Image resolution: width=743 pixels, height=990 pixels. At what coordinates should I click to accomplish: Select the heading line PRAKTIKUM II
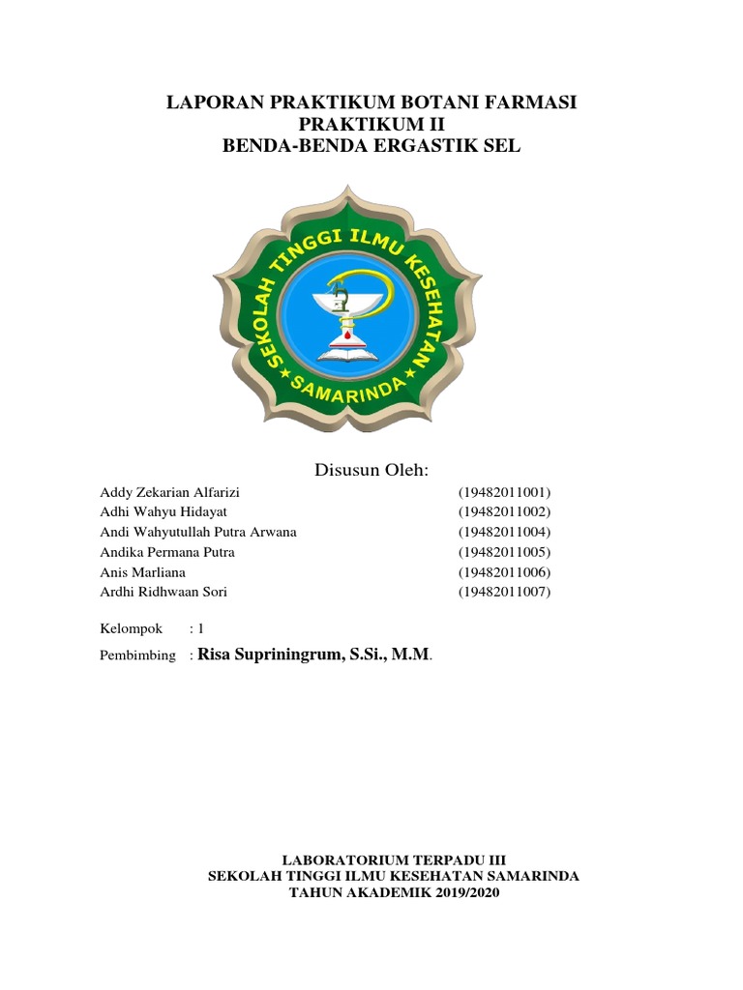pos(371,125)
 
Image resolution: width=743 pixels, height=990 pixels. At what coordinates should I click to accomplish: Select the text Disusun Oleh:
pos(371,470)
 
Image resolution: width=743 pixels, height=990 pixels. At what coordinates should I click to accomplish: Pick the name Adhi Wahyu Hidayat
pos(163,511)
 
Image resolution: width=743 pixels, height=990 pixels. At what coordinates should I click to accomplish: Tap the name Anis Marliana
pos(143,572)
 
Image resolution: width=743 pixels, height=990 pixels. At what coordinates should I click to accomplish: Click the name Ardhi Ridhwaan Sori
pos(163,592)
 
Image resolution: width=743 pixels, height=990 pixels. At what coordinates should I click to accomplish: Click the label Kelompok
pos(133,628)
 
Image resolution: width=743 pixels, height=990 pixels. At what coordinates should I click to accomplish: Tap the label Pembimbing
pos(138,655)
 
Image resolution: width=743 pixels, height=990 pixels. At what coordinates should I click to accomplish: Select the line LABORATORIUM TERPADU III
pos(393,859)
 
